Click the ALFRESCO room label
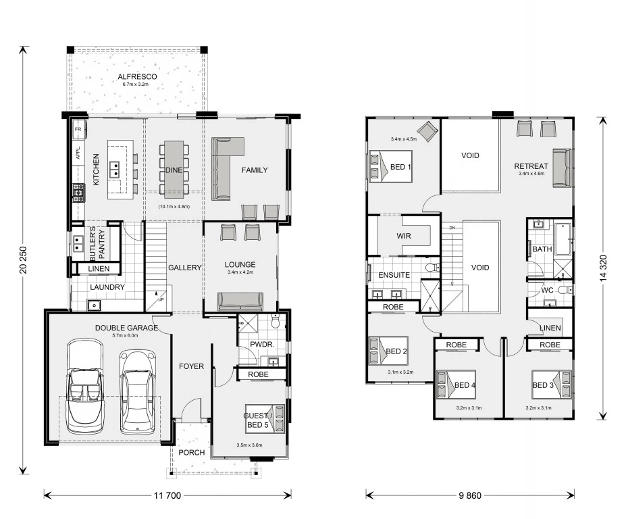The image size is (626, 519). (137, 77)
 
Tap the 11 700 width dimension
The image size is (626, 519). (167, 495)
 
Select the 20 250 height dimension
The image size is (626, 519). (23, 260)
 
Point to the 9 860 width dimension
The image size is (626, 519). (470, 495)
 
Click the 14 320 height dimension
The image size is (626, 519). (603, 268)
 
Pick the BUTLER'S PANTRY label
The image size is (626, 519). (97, 244)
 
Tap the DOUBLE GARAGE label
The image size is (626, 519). (126, 328)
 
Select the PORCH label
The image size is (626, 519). (192, 452)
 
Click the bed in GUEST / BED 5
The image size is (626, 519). (265, 419)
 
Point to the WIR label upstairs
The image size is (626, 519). (404, 236)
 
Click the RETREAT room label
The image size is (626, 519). (531, 166)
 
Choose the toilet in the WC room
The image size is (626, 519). (565, 289)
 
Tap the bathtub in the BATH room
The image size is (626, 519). (563, 239)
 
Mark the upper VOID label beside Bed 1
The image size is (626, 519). (470, 155)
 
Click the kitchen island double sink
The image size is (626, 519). (114, 169)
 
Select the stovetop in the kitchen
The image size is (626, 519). (78, 193)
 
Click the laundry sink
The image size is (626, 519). (94, 305)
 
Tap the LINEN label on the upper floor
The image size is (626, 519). (550, 328)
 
